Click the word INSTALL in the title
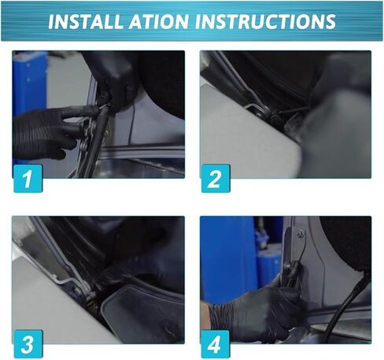(85, 21)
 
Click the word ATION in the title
(159, 21)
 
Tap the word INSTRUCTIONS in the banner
(265, 21)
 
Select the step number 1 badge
(28, 179)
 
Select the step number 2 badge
(216, 179)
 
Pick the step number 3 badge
(28, 344)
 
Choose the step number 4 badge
(215, 344)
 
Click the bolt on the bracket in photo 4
(301, 232)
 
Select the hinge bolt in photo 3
(78, 291)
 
